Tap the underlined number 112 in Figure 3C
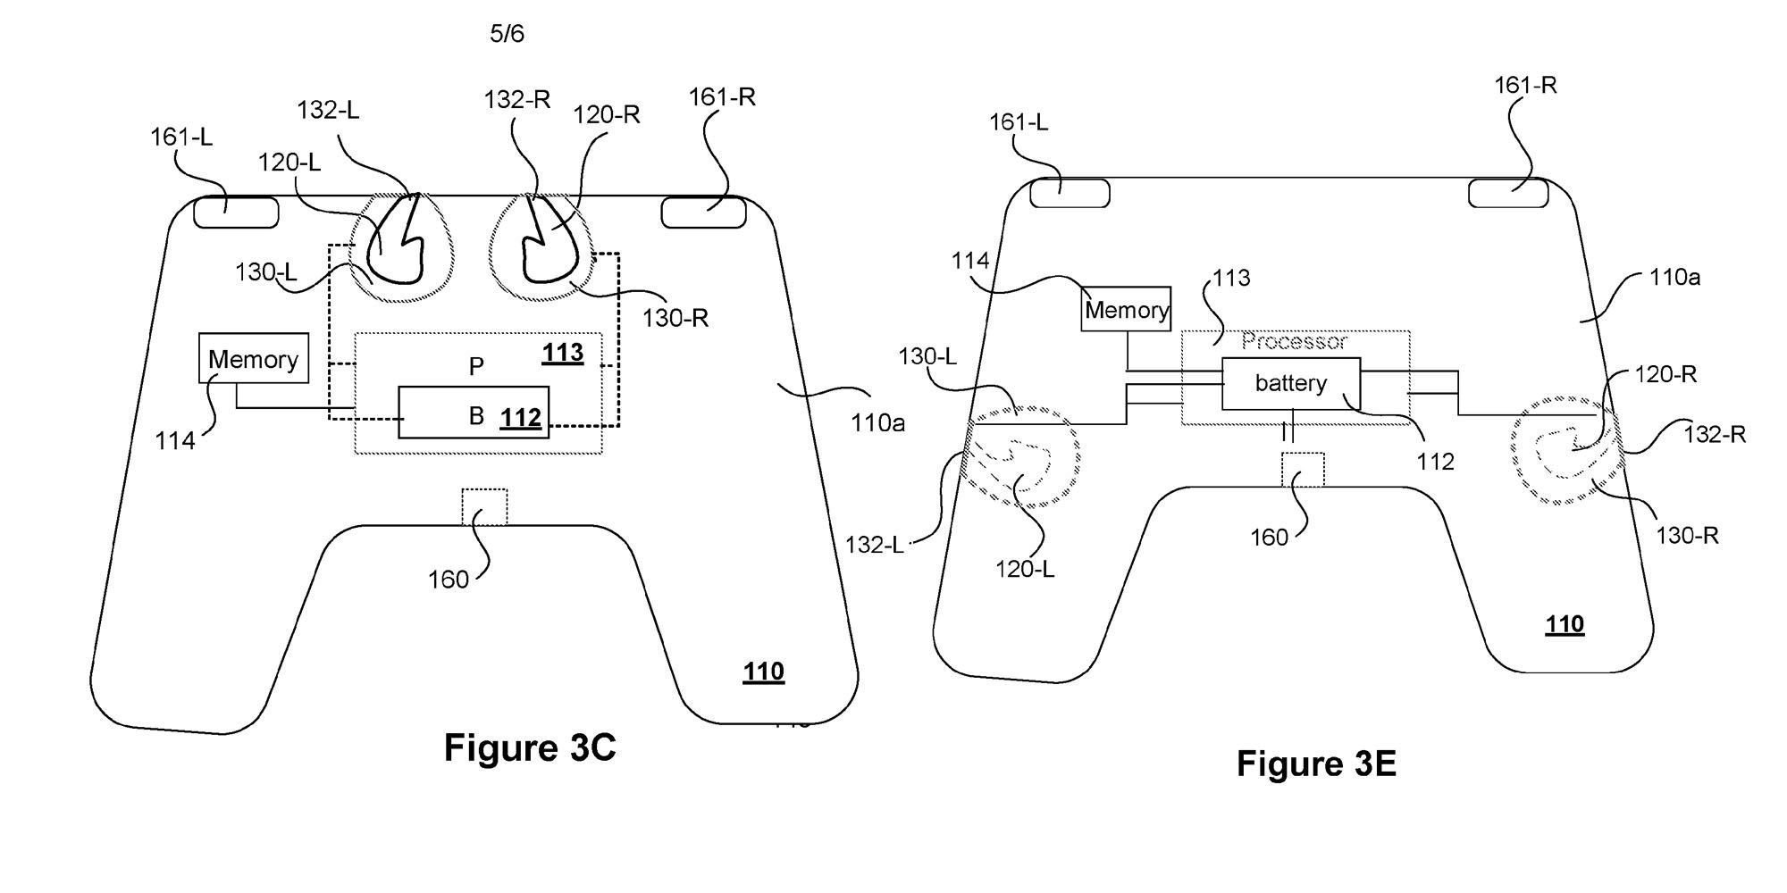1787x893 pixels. (x=521, y=417)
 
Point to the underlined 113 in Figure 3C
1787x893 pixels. (x=563, y=353)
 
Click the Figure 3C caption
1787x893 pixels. (x=530, y=747)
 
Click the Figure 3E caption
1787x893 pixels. (x=1316, y=764)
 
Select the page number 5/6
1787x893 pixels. (x=508, y=34)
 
